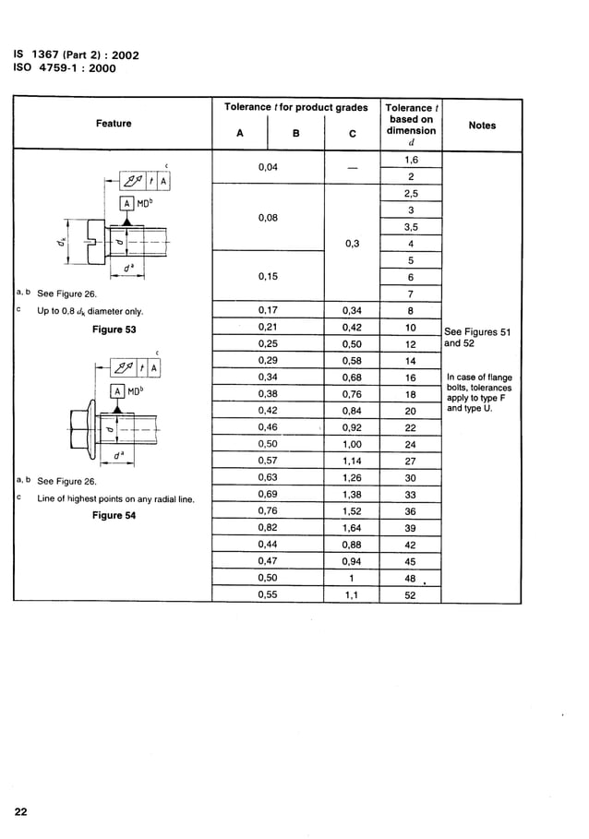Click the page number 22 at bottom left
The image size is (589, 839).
pos(20,811)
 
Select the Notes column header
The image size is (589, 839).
pos(482,126)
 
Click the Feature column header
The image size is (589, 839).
pos(114,124)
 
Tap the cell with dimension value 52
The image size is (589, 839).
pos(411,596)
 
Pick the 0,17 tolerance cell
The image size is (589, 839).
pos(269,311)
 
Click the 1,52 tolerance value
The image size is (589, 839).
pos(352,511)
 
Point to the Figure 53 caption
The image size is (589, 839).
pos(114,330)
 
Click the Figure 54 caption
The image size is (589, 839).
pos(114,516)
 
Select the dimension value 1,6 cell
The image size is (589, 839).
pos(411,161)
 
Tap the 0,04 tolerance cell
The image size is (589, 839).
pos(269,168)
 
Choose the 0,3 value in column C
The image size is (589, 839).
pos(352,245)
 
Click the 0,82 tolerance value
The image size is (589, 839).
pos(269,528)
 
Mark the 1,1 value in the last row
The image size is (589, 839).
pos(352,596)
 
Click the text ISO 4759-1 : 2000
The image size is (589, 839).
pos(65,67)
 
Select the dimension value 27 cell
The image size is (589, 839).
pos(411,461)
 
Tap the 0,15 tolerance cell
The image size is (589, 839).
pos(269,277)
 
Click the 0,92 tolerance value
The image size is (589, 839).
pos(352,428)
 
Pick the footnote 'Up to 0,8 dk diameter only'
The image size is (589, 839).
pos(90,311)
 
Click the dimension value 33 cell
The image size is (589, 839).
pos(411,495)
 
